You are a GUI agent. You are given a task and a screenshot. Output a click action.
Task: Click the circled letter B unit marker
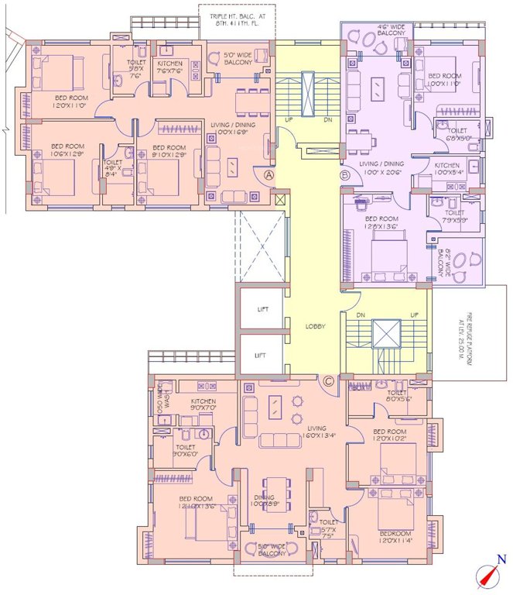(x=346, y=176)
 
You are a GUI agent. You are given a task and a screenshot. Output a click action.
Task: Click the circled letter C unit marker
(x=328, y=380)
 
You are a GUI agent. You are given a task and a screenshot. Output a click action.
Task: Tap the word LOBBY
(x=316, y=326)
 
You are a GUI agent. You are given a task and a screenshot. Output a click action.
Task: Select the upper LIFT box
(x=262, y=308)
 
